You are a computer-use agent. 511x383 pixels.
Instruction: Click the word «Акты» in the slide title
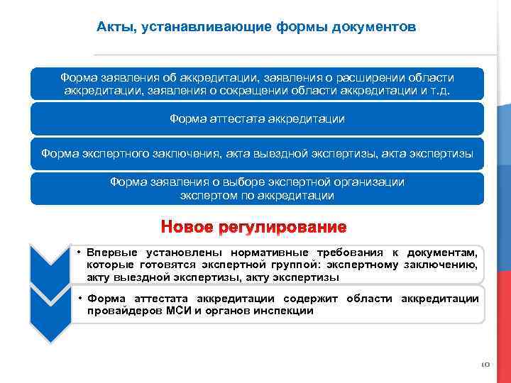[114, 28]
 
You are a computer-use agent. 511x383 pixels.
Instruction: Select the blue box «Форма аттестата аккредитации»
[257, 119]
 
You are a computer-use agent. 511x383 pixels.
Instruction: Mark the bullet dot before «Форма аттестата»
[81, 299]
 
